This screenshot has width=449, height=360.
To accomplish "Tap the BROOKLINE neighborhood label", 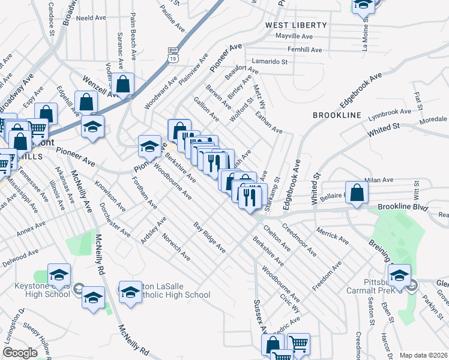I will (337, 115).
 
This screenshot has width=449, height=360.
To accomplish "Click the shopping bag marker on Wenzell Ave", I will (123, 85).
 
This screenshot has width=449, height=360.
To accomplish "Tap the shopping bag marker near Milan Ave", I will (357, 193).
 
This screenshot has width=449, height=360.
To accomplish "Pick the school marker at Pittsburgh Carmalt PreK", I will (399, 275).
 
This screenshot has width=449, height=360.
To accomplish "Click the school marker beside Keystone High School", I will (59, 275).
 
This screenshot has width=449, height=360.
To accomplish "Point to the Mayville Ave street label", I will (295, 37).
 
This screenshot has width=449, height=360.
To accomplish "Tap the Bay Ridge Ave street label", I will (209, 236).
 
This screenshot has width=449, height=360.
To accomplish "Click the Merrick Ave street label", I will (332, 235).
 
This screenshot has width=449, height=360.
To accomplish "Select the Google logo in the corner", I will (20, 353).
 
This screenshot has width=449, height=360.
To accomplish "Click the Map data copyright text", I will (423, 355).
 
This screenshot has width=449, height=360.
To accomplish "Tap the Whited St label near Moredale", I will (384, 129).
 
